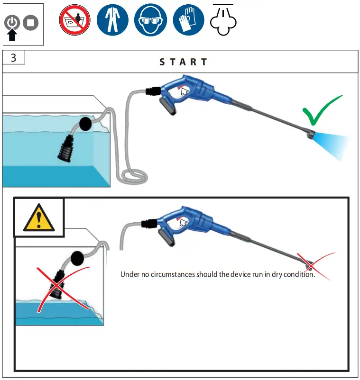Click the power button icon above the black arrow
[13, 22]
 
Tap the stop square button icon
[31, 22]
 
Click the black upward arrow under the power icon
[13, 35]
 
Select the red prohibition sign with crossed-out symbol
[74, 21]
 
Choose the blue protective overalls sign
[112, 21]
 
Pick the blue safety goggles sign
[150, 21]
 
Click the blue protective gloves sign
[188, 21]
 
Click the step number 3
[13, 58]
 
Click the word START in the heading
[183, 62]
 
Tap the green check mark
[322, 111]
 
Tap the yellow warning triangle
[39, 218]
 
